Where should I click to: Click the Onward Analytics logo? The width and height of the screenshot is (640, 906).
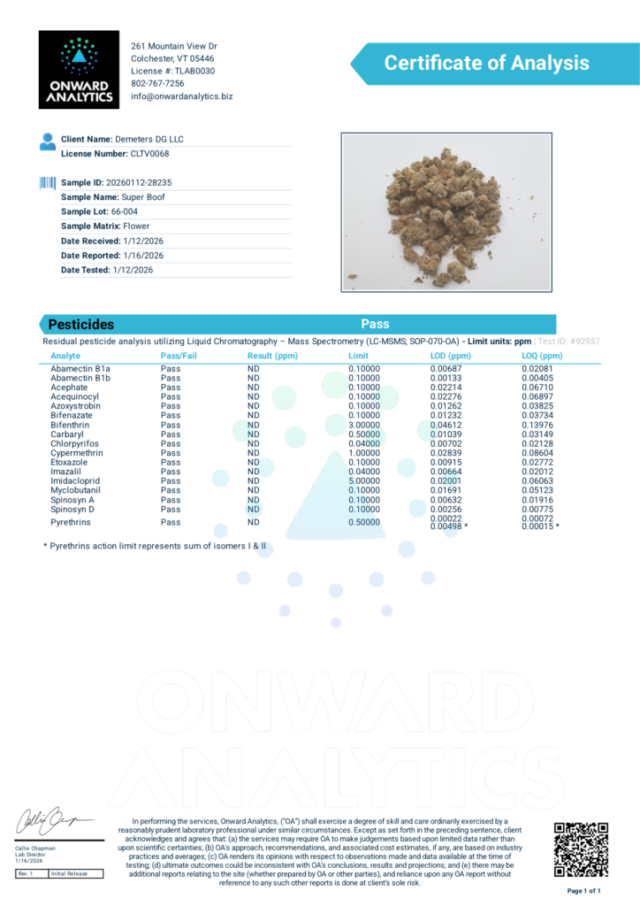click(79, 70)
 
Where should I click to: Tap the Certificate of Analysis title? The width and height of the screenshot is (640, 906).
click(485, 63)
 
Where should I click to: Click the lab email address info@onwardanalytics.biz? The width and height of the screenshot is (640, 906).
click(181, 96)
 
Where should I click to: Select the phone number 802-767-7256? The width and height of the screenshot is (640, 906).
click(157, 83)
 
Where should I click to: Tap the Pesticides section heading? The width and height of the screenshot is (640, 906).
click(80, 325)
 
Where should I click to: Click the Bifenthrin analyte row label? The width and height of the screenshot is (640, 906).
click(70, 425)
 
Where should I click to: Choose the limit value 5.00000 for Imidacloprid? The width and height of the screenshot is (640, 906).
click(363, 481)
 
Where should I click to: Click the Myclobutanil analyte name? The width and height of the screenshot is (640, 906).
click(75, 490)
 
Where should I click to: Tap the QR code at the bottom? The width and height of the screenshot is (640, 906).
click(581, 848)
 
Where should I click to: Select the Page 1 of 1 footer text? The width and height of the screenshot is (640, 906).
click(583, 890)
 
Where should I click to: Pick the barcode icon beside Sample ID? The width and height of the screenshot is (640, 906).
click(47, 182)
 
